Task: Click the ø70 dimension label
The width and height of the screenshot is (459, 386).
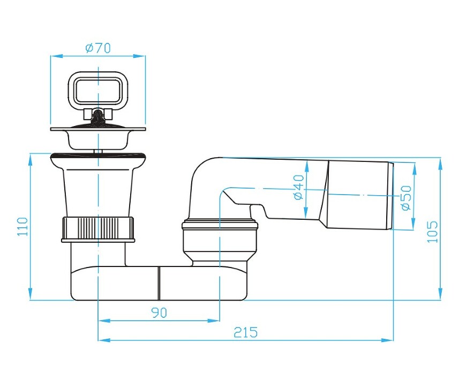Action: (x=98, y=48)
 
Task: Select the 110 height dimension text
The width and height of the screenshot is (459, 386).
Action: (x=22, y=227)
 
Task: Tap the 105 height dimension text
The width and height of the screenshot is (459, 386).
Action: (x=432, y=232)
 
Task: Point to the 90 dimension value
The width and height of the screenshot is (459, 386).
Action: (x=159, y=313)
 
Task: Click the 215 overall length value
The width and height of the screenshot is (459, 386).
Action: (x=246, y=332)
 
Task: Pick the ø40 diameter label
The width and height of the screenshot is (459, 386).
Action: (x=299, y=187)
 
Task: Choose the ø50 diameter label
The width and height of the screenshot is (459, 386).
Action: (x=407, y=198)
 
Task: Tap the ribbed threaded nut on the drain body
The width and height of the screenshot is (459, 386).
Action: (x=98, y=229)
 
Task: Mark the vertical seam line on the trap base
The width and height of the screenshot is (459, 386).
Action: (x=159, y=284)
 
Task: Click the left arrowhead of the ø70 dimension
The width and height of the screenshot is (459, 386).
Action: (x=56, y=56)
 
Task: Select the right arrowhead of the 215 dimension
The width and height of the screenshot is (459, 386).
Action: (x=387, y=340)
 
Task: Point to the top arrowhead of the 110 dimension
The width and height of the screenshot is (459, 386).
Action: (x=30, y=159)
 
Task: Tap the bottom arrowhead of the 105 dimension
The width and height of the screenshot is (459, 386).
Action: (x=440, y=294)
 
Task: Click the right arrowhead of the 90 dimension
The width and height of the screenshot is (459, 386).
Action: (x=213, y=321)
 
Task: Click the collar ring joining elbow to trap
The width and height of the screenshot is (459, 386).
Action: (x=220, y=225)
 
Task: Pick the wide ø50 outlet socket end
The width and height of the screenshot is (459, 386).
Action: (x=359, y=195)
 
